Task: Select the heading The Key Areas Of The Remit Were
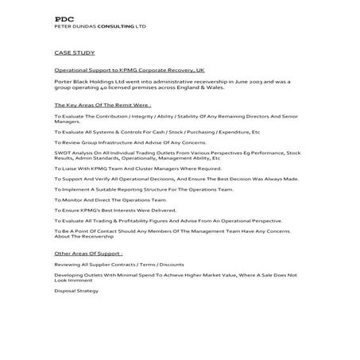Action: [103, 105]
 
